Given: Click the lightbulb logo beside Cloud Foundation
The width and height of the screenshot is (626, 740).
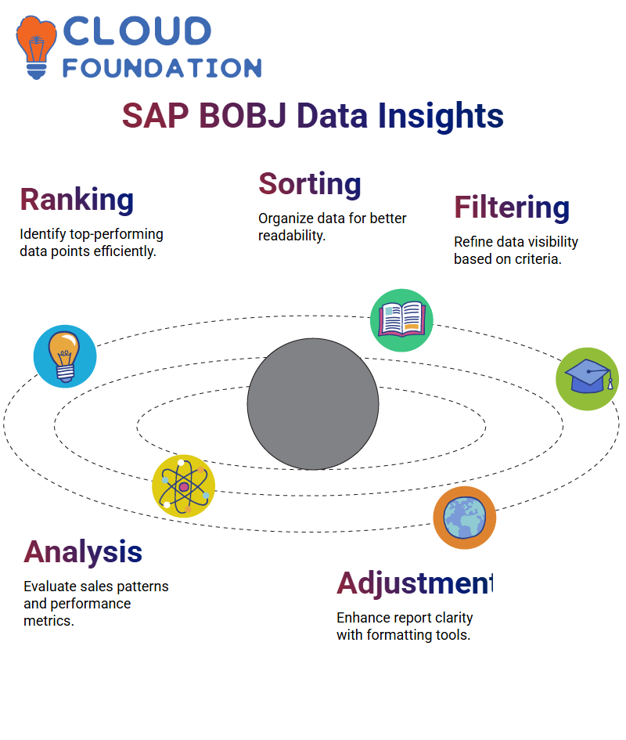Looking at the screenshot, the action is (36, 47).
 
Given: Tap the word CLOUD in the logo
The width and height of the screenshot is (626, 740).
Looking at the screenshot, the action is (137, 31).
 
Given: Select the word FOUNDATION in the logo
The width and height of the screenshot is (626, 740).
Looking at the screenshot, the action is (162, 68).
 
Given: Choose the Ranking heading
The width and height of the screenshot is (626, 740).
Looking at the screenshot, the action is (77, 200).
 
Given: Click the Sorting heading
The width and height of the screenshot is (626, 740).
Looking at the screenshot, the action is (310, 184).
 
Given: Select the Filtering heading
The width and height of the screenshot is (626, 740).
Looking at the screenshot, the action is (512, 208).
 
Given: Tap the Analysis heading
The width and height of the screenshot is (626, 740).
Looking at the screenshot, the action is (83, 552).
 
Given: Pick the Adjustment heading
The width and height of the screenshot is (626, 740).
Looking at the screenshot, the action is (416, 583).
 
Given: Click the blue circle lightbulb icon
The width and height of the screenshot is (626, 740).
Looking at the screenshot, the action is (65, 356).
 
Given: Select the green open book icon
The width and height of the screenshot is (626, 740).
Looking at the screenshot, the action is (402, 320).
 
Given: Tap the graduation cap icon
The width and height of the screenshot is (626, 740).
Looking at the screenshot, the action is (588, 379).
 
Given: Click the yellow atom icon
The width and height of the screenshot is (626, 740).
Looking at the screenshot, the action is (184, 486).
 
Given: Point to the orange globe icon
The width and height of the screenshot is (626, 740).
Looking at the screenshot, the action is (465, 518).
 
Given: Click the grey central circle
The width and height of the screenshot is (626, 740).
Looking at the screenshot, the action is (313, 404).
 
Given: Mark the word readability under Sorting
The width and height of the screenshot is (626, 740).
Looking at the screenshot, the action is (292, 236).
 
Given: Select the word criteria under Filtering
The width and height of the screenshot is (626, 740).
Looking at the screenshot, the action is (538, 259).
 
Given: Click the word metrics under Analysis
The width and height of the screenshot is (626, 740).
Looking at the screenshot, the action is (49, 621).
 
